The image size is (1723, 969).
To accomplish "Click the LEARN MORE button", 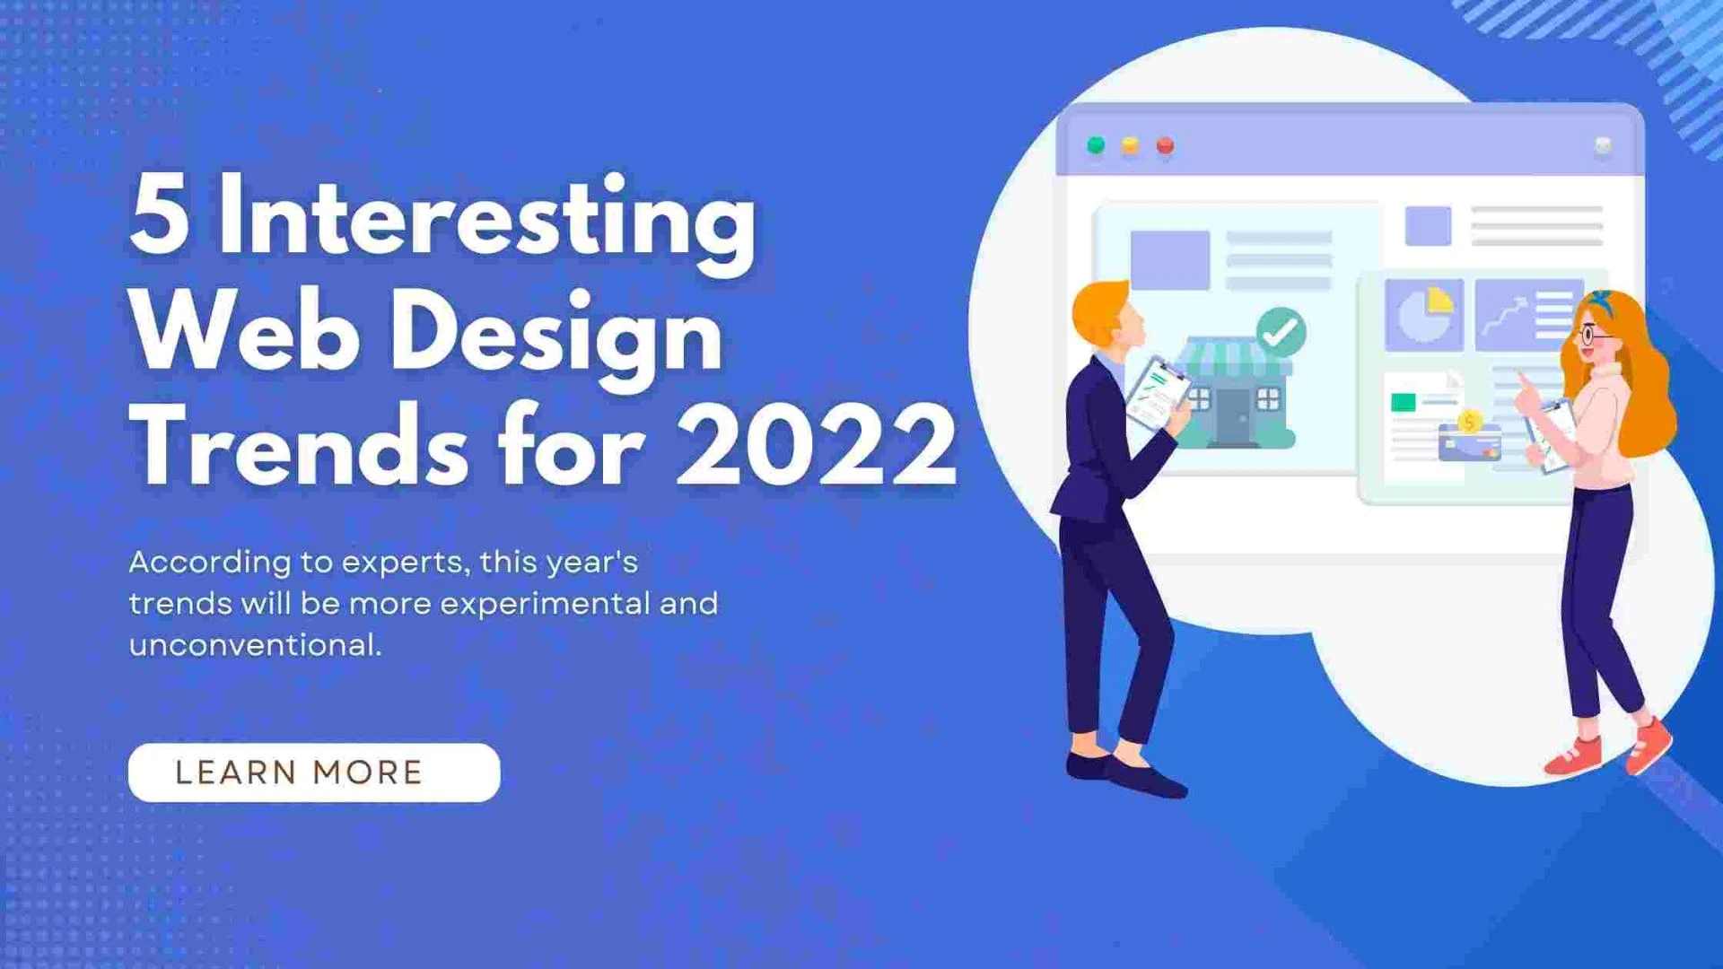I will pyautogui.click(x=313, y=773).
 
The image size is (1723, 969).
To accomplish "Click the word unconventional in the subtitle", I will pyautogui.click(x=255, y=644).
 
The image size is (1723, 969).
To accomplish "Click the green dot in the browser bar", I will pyautogui.click(x=1096, y=145).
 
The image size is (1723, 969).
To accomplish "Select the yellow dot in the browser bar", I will pyautogui.click(x=1131, y=145).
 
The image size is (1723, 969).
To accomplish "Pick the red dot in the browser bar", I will pyautogui.click(x=1165, y=145).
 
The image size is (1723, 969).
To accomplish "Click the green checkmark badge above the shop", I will pyautogui.click(x=1281, y=332).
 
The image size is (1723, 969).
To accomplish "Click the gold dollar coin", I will pyautogui.click(x=1469, y=421).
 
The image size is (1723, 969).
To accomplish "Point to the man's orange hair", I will pyautogui.click(x=1099, y=310).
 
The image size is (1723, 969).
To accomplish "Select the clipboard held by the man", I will pyautogui.click(x=1157, y=393).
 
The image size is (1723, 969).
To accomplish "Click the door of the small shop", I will pyautogui.click(x=1235, y=415).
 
